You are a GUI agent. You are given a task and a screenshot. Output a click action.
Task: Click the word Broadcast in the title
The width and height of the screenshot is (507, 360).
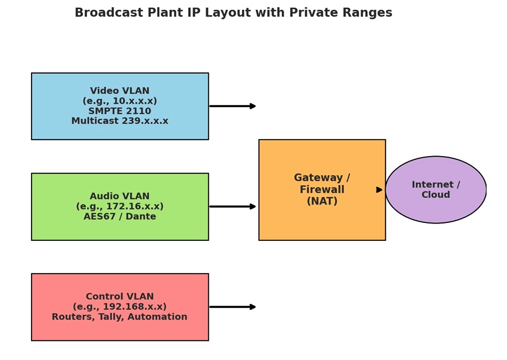coord(109,13)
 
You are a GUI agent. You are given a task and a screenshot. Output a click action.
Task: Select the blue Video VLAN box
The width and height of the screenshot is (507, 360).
coord(120,107)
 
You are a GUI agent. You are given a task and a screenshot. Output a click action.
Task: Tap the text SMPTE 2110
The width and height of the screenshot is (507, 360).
coord(120,111)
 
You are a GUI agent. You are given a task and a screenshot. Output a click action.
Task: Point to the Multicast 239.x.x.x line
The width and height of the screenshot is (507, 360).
coord(120,121)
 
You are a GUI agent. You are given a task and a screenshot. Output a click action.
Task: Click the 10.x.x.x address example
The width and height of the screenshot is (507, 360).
coord(120,101)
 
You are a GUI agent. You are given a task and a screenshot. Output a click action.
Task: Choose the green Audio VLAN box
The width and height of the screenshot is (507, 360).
coord(120,207)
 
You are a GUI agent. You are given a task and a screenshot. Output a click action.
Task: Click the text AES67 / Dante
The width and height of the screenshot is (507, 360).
coord(120,216)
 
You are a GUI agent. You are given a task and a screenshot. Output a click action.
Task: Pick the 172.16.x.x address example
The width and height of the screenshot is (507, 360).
coord(120,206)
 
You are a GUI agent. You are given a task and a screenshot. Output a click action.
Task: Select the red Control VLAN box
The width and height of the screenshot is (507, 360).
coord(120,307)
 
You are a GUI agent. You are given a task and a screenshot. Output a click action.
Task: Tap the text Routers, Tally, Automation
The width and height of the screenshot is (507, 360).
coord(120,316)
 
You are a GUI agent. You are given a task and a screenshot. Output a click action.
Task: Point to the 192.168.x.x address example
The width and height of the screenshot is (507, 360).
coord(120,306)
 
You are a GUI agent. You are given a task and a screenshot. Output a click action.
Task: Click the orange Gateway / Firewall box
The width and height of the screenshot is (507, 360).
coord(322,190)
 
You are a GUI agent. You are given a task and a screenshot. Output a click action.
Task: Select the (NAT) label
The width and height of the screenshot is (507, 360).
coord(322,201)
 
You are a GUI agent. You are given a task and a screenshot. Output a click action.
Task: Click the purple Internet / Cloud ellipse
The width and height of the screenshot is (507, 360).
coord(436,190)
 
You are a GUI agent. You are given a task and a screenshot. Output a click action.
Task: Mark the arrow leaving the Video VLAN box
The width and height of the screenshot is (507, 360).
coord(232,106)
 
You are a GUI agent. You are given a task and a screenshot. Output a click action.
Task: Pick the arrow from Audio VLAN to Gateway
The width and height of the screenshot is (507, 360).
coord(232,207)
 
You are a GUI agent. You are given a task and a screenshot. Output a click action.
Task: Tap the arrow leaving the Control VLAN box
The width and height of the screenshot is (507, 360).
coord(232,307)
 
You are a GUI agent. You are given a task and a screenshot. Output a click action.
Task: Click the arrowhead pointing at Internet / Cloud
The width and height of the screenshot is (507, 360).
coord(379,190)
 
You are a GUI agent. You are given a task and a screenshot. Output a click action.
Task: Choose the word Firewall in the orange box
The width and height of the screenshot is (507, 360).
coord(322,189)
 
